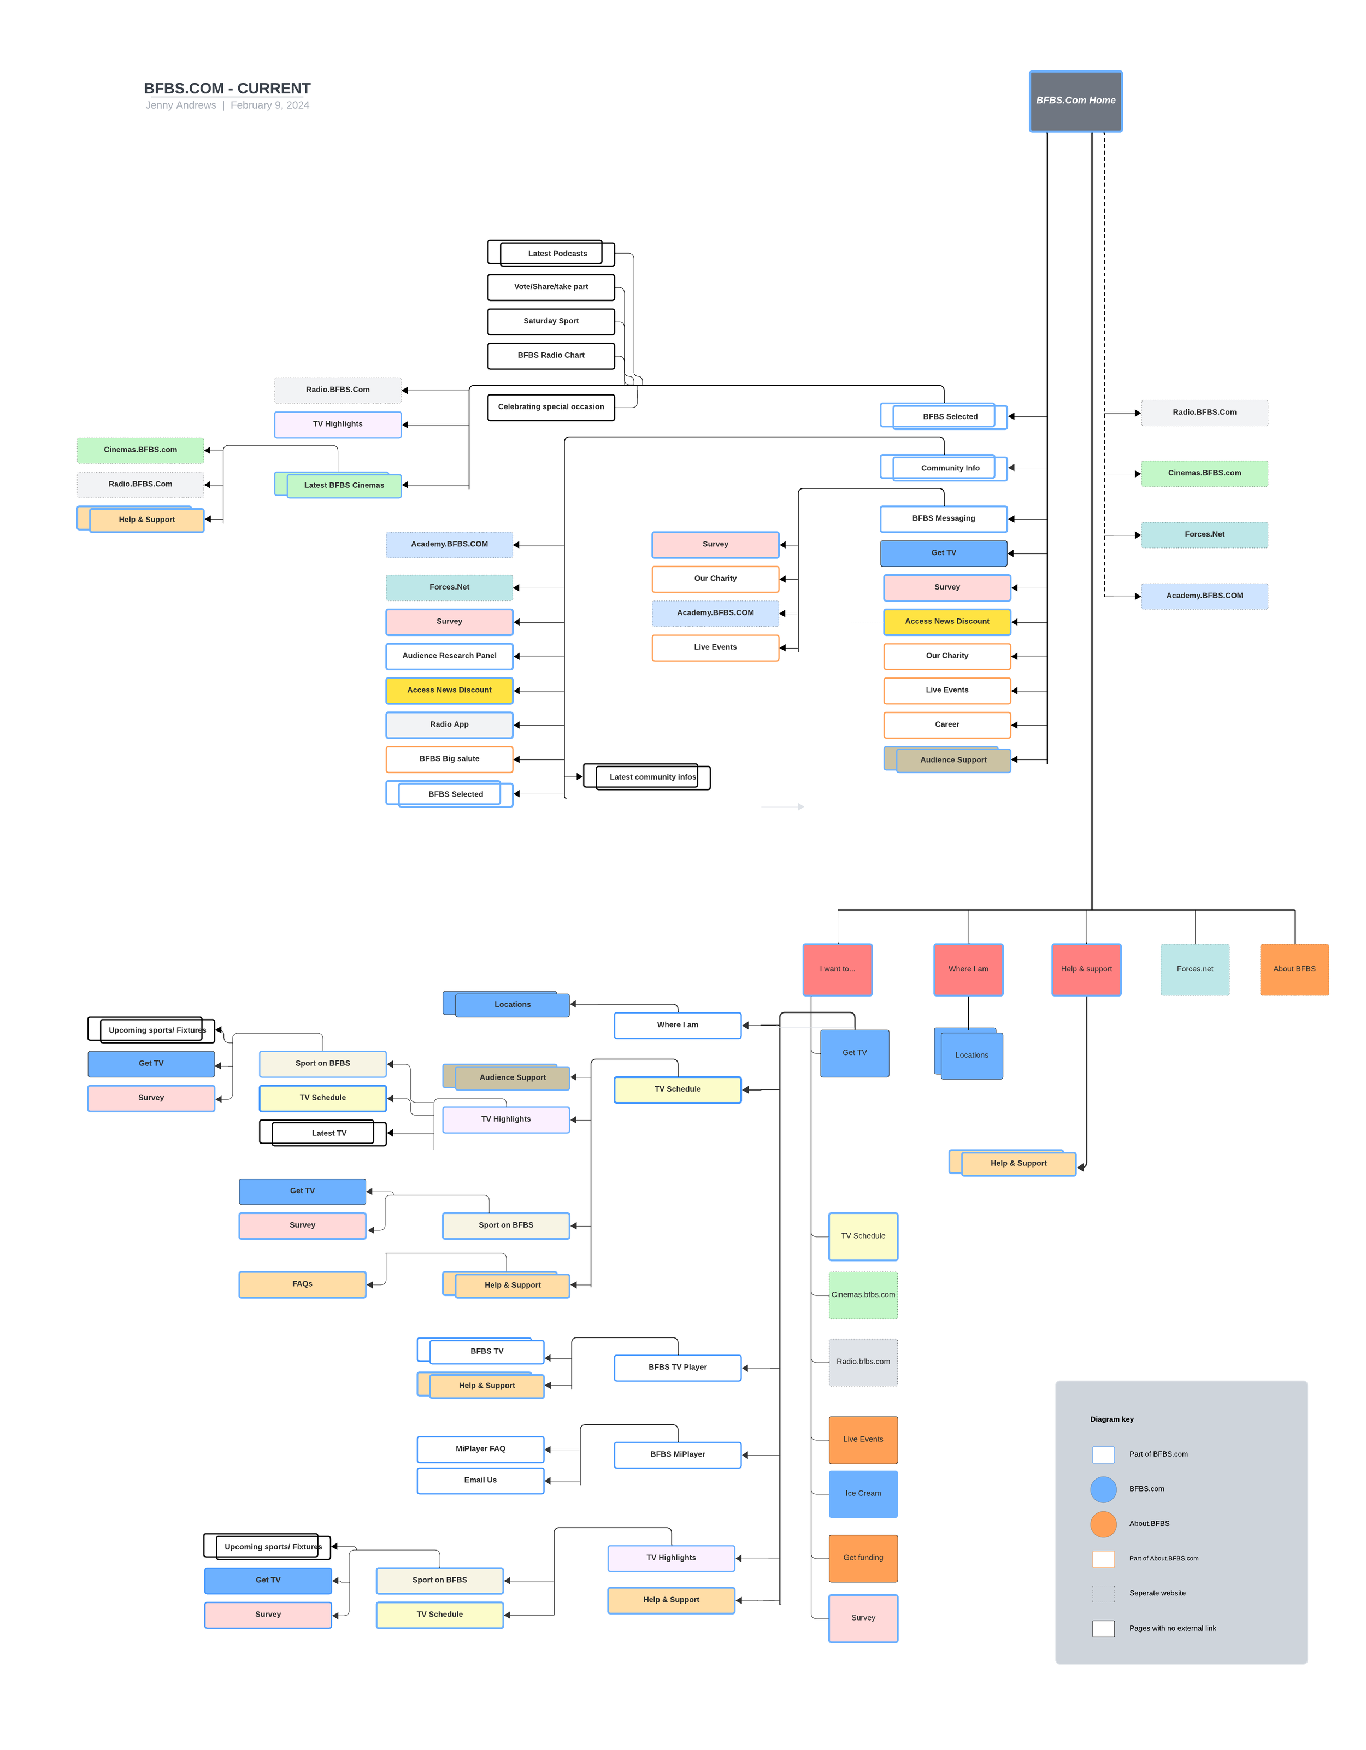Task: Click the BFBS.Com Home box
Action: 1075,101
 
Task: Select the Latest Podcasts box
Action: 551,253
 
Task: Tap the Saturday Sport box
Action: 551,321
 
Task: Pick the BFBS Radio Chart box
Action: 551,356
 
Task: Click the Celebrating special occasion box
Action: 551,407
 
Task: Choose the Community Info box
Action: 944,467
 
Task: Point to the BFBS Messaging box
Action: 944,518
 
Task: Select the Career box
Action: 947,724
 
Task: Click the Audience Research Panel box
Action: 450,656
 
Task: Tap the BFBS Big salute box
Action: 450,759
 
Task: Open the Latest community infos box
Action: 646,776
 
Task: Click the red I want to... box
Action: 837,970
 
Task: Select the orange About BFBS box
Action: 1294,970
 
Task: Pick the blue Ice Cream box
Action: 863,1494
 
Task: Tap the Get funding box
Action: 863,1558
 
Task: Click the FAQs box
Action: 302,1284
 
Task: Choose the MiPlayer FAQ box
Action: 481,1449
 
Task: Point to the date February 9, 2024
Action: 270,105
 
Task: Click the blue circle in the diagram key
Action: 1103,1489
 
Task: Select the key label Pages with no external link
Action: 1172,1628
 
